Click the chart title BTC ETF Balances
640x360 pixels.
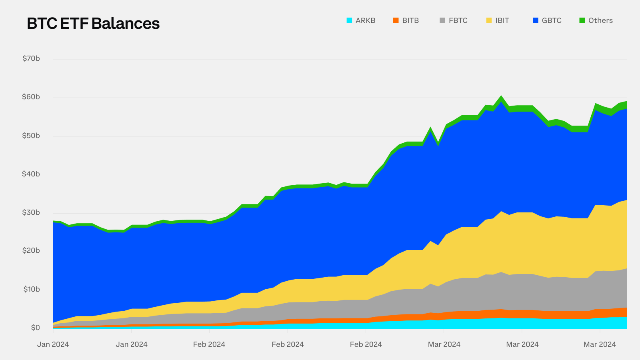[x=93, y=24]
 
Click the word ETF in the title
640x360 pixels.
[x=74, y=24]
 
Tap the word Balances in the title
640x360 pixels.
[x=126, y=24]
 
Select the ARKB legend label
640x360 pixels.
[x=365, y=20]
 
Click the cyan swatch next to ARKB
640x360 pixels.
[x=349, y=20]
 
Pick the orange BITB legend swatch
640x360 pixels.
[x=396, y=20]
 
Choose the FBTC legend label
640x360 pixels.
[x=458, y=20]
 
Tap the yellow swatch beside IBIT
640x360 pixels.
[x=489, y=20]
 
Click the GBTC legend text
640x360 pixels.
[x=552, y=20]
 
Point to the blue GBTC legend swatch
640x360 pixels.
[x=536, y=20]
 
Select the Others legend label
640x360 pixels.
[x=600, y=20]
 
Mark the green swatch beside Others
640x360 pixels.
[x=582, y=20]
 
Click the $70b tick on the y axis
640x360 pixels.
[x=31, y=58]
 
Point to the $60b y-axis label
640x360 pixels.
[x=31, y=97]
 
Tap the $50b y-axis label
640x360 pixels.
[x=31, y=136]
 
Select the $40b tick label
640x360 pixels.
[x=31, y=174]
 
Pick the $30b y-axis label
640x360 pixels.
[x=31, y=212]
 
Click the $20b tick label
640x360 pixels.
[x=31, y=250]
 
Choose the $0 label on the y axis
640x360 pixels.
[x=35, y=328]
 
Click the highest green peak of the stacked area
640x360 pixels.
[x=501, y=98]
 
